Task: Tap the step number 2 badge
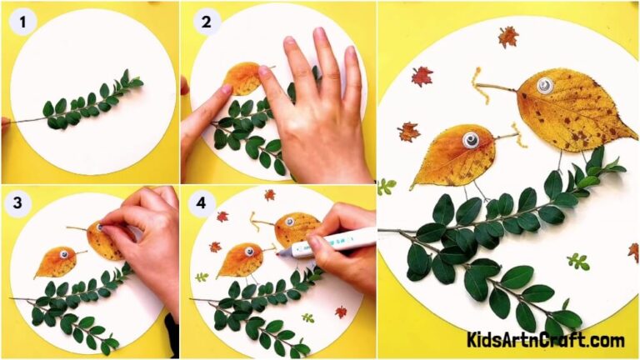205,21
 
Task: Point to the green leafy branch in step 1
92,104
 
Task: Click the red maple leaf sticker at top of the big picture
507,37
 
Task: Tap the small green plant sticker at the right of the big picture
577,262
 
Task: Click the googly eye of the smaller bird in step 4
247,249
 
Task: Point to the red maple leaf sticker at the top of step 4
269,195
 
